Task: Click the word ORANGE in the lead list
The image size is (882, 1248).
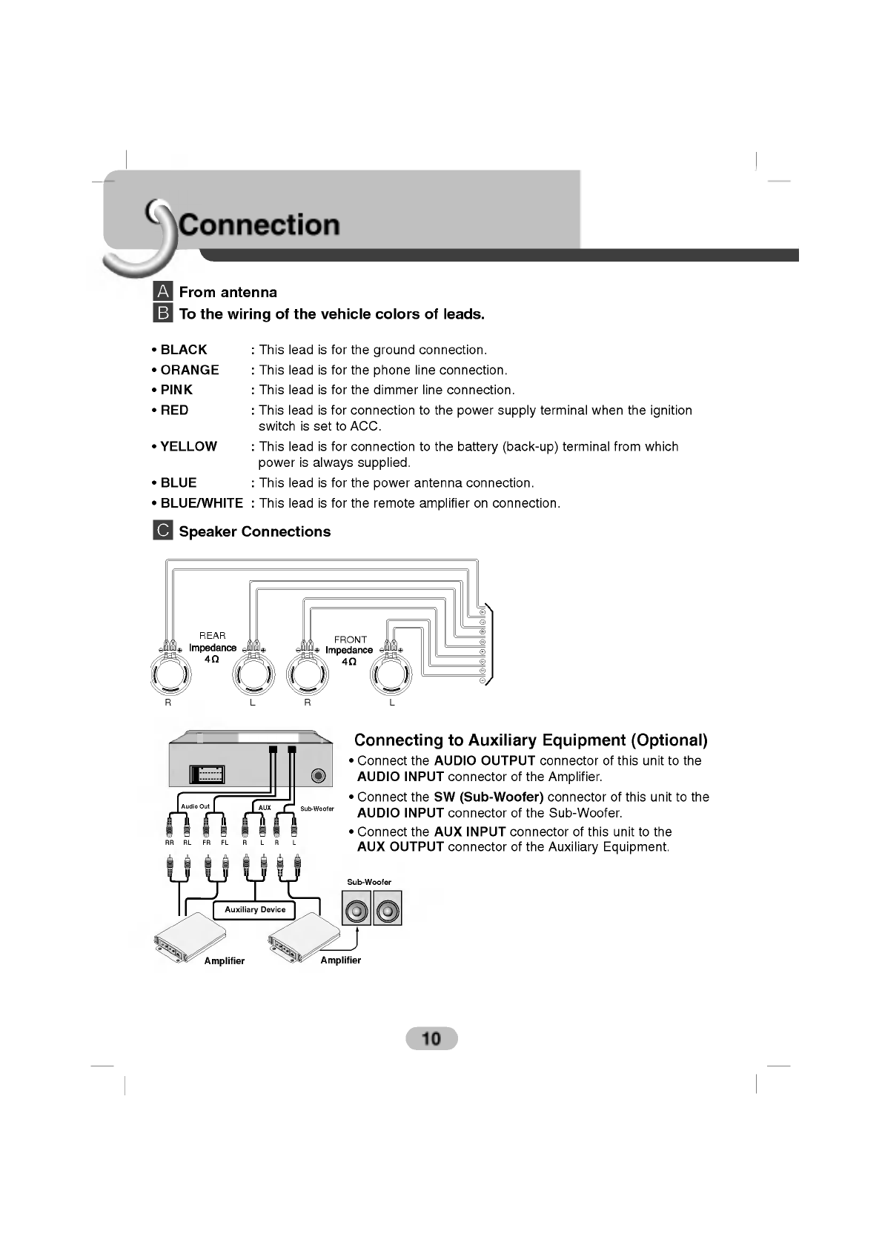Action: click(x=190, y=370)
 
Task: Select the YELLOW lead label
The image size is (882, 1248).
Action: click(x=188, y=446)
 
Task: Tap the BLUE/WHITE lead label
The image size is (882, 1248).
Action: click(x=202, y=503)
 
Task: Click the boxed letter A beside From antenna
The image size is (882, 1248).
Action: click(x=163, y=291)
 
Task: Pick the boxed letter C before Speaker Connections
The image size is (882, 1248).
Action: click(x=163, y=531)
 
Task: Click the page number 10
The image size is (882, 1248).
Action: click(x=431, y=1038)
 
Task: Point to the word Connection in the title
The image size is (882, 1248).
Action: click(x=259, y=225)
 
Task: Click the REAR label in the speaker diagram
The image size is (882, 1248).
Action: click(x=212, y=635)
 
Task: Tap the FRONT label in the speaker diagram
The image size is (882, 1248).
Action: click(x=350, y=639)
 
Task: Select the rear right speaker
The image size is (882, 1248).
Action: click(x=169, y=674)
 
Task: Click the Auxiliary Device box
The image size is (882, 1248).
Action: click(x=254, y=909)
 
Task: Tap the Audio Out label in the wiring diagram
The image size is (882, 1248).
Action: click(x=196, y=806)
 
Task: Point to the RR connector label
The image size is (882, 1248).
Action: click(x=169, y=843)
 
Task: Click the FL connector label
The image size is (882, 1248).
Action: click(x=225, y=843)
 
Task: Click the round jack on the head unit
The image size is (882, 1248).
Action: click(x=319, y=776)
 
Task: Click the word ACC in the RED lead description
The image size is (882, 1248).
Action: click(x=367, y=426)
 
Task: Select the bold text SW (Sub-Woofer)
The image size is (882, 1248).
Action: click(x=488, y=797)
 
